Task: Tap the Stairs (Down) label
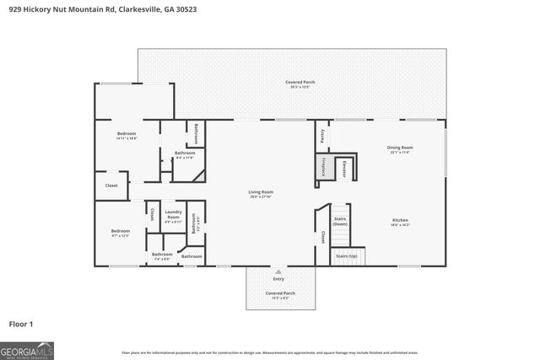tap(339, 221)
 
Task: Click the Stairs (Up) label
tap(346, 255)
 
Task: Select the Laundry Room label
tap(173, 215)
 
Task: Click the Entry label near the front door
tap(278, 278)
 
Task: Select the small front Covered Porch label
tap(278, 295)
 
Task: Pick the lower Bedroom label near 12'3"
tap(121, 233)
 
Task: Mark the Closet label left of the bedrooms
tap(111, 185)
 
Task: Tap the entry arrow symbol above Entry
tap(278, 271)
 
